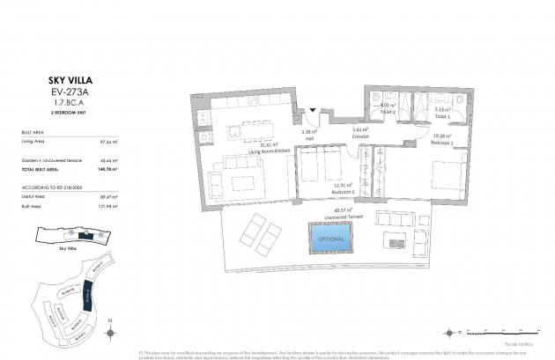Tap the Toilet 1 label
click(x=441, y=116)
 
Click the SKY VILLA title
click(x=63, y=79)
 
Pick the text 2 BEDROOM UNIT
click(x=63, y=114)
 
